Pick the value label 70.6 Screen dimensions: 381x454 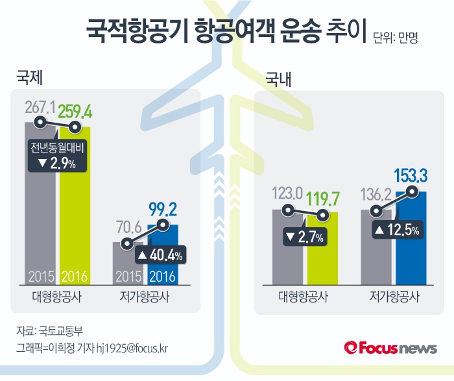point(128,228)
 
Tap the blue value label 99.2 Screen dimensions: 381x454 point(162,210)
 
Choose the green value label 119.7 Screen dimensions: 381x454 point(322,197)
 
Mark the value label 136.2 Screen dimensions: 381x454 point(376,194)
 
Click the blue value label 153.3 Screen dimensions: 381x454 point(411,176)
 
